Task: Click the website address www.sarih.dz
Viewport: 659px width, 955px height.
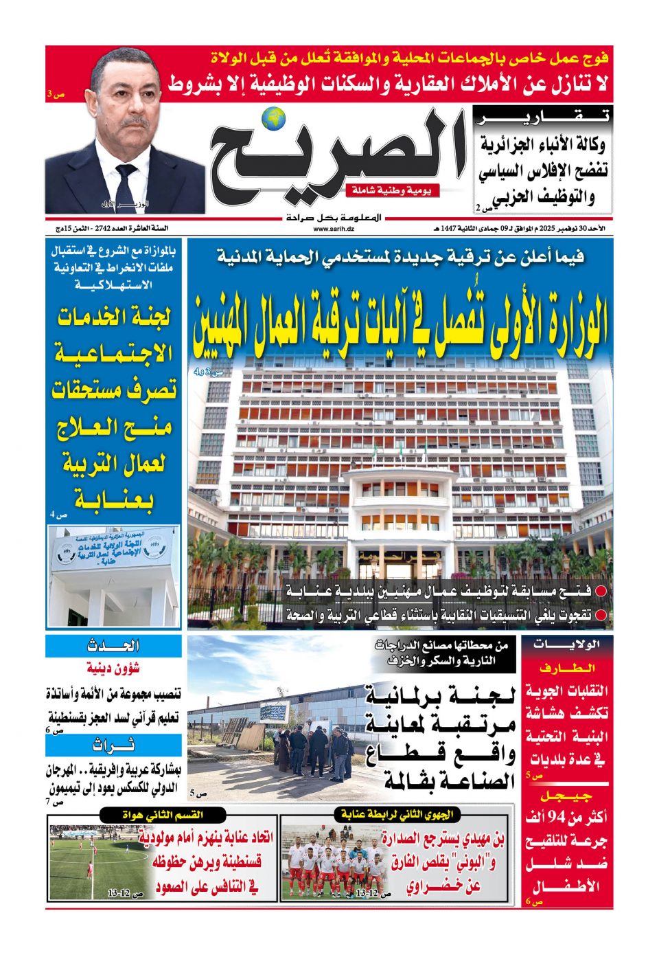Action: [x=334, y=228]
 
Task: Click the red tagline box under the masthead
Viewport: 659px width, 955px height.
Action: [x=392, y=190]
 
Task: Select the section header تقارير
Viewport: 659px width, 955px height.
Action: [x=543, y=117]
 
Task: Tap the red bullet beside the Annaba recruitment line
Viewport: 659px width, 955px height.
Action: [x=601, y=591]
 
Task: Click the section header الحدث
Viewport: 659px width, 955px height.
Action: [x=114, y=646]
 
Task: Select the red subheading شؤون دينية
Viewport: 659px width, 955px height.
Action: [x=114, y=668]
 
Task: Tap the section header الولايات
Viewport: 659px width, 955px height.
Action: [x=567, y=644]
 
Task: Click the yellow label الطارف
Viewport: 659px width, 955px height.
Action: [x=567, y=668]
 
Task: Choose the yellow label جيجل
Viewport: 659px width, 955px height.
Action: [x=567, y=796]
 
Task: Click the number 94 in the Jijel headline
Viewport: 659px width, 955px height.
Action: [x=560, y=818]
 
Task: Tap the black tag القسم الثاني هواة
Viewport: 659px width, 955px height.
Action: [x=162, y=814]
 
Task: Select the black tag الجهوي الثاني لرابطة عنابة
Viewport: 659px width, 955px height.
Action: [x=397, y=814]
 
